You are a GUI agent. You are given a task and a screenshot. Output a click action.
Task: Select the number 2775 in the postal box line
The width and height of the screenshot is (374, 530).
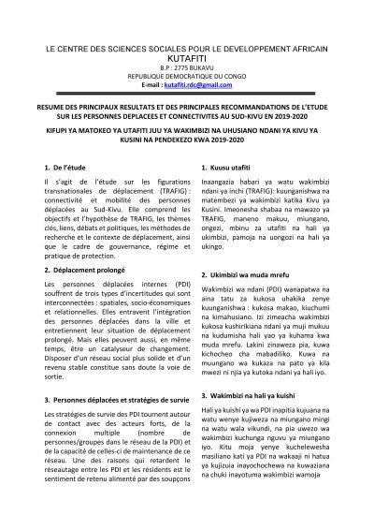pyautogui.click(x=176, y=67)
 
